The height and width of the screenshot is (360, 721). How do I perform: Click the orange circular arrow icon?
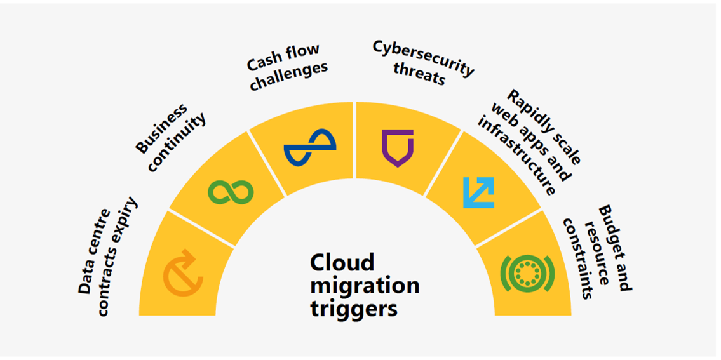pos(183,274)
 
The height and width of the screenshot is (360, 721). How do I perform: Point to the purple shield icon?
pos(398,148)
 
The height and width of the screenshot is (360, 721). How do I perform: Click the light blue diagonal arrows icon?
pos(478,192)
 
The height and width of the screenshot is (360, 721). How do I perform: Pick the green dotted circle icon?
pos(527,274)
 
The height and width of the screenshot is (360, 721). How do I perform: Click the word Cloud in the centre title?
pos(342,263)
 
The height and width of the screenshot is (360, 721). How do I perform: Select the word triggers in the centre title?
pos(354,309)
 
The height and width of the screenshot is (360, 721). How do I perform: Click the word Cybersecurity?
pos(422,58)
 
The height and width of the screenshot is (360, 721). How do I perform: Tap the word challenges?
pos(289,76)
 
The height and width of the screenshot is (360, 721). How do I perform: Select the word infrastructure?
pos(516,156)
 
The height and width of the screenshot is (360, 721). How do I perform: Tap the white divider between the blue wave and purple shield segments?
pos(354,140)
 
